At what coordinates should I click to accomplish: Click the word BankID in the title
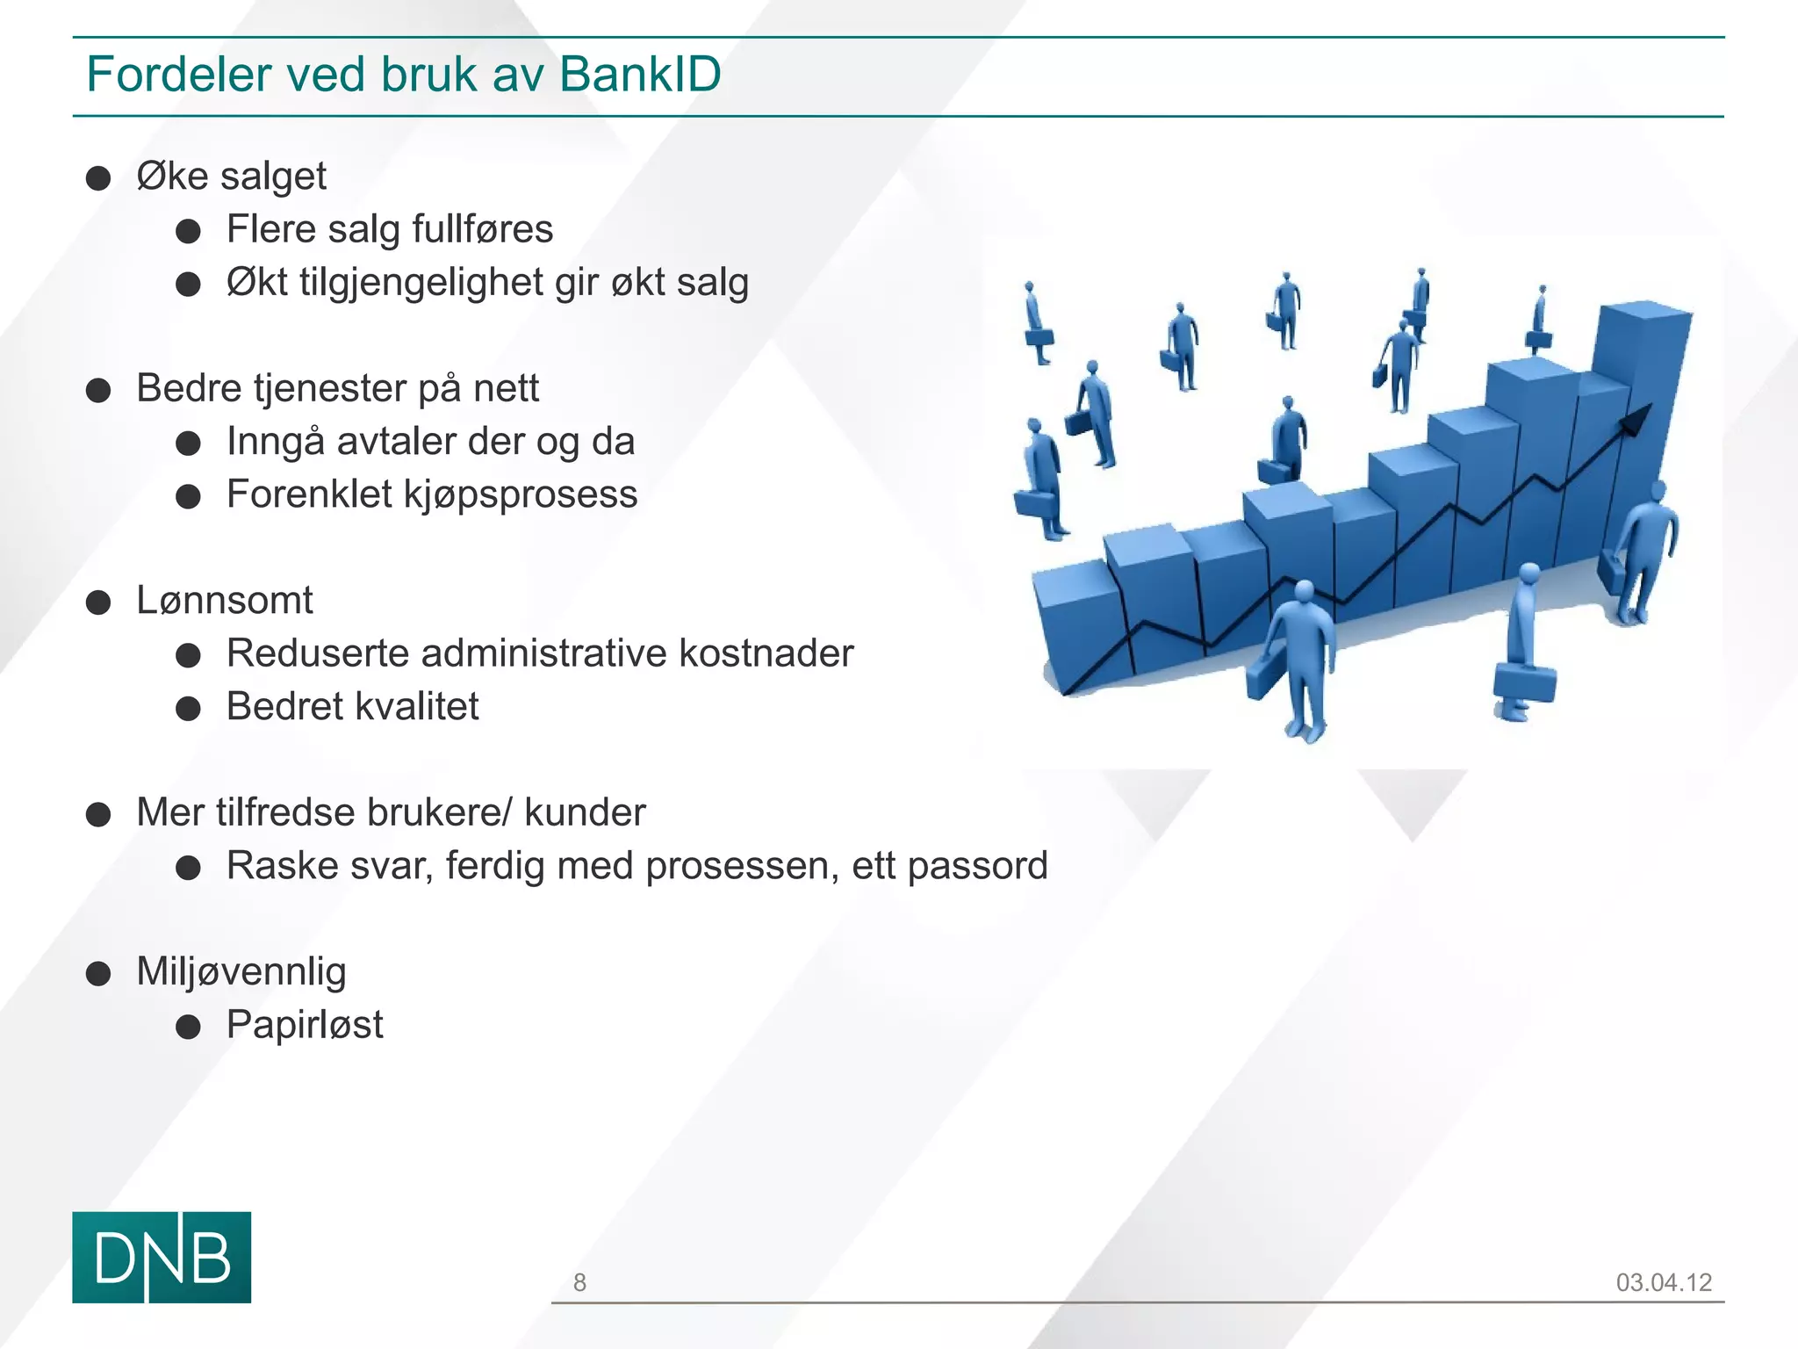pos(639,74)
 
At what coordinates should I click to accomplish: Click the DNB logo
pos(162,1257)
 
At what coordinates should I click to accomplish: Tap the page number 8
pos(579,1282)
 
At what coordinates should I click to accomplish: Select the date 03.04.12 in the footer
pos(1664,1282)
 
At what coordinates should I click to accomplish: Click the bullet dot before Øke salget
pos(98,178)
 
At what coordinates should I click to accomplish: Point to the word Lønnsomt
pos(225,601)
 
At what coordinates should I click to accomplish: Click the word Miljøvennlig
pos(241,971)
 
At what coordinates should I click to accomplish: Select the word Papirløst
pos(305,1025)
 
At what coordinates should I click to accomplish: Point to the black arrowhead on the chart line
pos(1636,418)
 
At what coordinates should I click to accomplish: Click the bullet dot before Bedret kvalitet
pos(189,709)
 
